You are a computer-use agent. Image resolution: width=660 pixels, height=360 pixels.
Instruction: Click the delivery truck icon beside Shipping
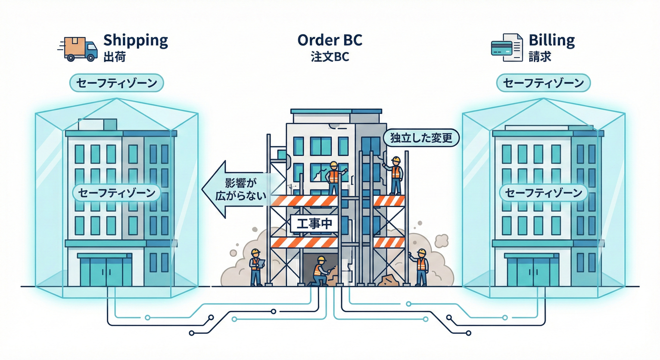[x=78, y=49]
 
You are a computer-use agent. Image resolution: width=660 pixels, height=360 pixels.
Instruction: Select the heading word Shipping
[x=135, y=40]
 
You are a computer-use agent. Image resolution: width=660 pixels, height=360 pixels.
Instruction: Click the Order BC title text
[x=330, y=40]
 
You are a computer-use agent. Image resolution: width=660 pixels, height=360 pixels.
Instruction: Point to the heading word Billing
[x=552, y=40]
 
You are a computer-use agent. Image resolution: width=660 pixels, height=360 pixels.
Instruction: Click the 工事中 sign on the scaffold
[x=311, y=224]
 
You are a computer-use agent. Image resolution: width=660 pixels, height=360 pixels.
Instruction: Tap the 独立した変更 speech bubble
[x=421, y=138]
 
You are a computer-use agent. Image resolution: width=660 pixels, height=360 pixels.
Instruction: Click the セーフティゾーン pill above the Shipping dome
[x=116, y=83]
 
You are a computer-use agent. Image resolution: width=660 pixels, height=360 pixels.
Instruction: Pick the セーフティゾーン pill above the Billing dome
[x=543, y=83]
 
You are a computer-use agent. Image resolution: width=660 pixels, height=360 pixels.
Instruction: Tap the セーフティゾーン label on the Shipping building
[x=116, y=193]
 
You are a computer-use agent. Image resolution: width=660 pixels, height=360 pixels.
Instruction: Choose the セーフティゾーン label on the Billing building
[x=543, y=193]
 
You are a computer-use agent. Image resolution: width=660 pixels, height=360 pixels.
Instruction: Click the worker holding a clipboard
[x=255, y=267]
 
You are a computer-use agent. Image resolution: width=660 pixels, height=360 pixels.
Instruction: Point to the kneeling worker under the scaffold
[x=321, y=271]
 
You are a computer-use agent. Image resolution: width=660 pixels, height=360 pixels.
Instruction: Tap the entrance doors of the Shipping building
[x=106, y=271]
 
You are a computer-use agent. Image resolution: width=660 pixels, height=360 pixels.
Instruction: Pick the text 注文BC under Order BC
[x=330, y=57]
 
